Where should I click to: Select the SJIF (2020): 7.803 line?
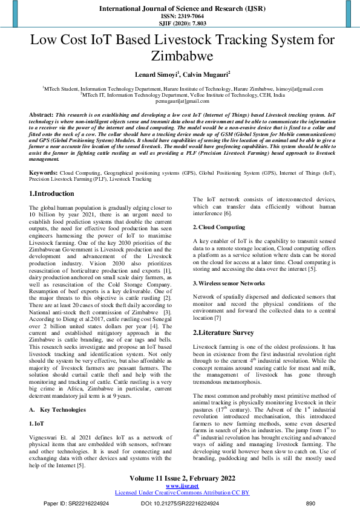(180, 24)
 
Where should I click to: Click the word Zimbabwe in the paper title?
(180, 56)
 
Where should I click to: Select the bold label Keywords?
(44, 156)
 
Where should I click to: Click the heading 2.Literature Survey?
(230, 332)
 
